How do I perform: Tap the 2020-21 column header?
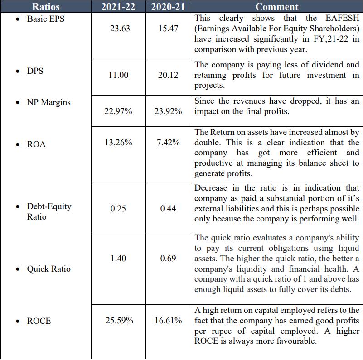168,6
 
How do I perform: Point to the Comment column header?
276,6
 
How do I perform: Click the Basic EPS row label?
46,19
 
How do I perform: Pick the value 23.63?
120,28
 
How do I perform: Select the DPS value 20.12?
168,75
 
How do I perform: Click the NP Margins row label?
48,102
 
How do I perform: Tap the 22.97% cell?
118,111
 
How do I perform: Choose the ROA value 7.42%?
168,143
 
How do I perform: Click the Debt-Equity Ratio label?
49,211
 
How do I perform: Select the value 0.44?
168,209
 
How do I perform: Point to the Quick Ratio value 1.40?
118,258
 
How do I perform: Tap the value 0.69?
168,258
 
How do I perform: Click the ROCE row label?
39,321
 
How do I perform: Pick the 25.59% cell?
119,321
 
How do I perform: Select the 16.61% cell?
168,321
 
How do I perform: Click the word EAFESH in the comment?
340,19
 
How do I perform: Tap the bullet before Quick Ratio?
17,269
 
